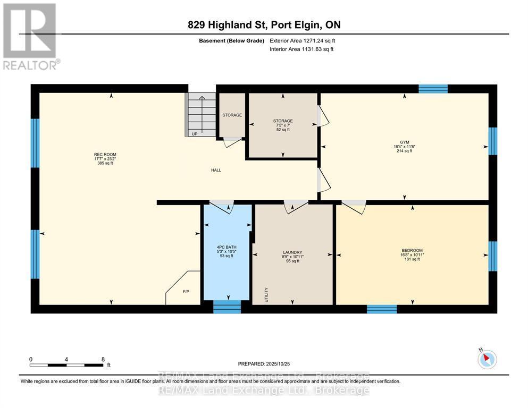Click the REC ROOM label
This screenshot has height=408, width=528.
pos(103,155)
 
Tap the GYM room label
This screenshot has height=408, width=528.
pos(404,142)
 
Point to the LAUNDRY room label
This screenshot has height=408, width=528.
pos(292,252)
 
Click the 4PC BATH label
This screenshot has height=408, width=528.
pos(227,247)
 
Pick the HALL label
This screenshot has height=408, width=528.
pos(215,170)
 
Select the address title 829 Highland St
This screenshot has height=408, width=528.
pos(264,25)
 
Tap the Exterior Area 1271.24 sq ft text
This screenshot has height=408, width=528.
pos(303,40)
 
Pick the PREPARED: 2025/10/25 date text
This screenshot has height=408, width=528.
pos(264,364)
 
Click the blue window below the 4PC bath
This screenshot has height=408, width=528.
pos(227,307)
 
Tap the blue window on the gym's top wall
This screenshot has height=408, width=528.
pos(432,89)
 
